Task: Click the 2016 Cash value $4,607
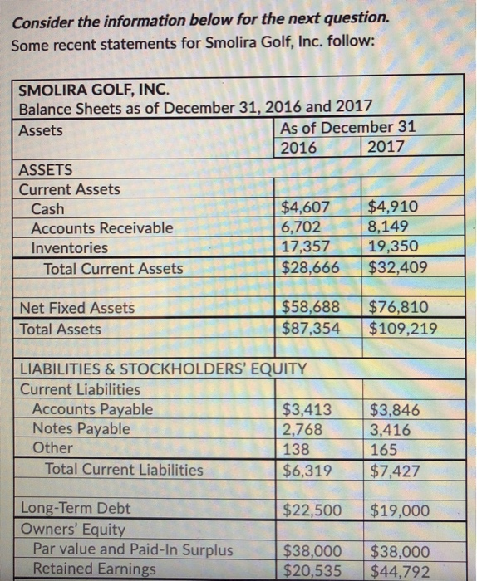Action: click(307, 207)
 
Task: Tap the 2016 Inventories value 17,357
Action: click(306, 247)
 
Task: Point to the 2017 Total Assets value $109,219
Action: click(403, 329)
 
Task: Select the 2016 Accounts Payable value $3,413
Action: click(307, 408)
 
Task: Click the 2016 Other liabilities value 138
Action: click(296, 449)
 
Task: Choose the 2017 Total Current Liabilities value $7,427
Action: click(397, 470)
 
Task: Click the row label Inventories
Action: click(69, 247)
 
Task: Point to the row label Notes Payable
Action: click(81, 428)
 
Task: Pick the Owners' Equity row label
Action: click(72, 529)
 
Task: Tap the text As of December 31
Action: click(348, 129)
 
